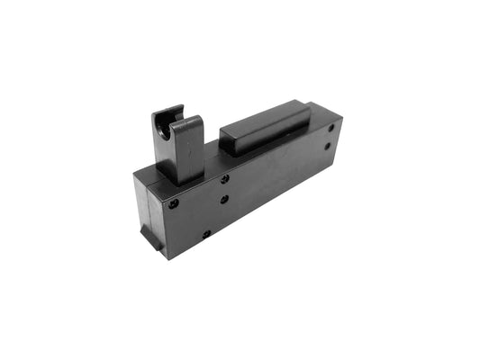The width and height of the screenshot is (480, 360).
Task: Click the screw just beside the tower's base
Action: point(224,178)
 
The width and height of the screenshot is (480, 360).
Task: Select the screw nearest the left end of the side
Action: point(174,203)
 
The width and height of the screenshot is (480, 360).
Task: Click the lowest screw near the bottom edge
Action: point(206,234)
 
